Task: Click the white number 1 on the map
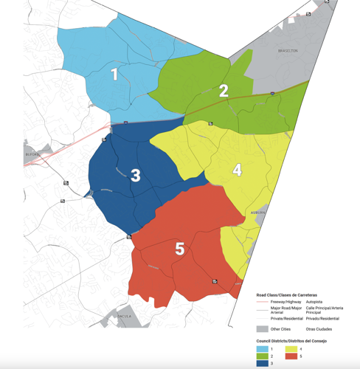pos(114,74)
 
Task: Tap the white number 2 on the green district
pos(223,91)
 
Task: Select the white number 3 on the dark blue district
pos(136,175)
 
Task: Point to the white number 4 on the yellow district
pos(237,170)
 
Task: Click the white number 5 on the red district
pos(179,249)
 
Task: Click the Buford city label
pos(30,154)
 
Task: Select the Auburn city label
pos(257,212)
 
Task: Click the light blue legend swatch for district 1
pos(262,348)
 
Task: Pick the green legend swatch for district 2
pos(262,356)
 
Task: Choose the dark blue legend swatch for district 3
pos(262,363)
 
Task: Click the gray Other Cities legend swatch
pos(262,328)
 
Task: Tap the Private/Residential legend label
pos(288,318)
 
